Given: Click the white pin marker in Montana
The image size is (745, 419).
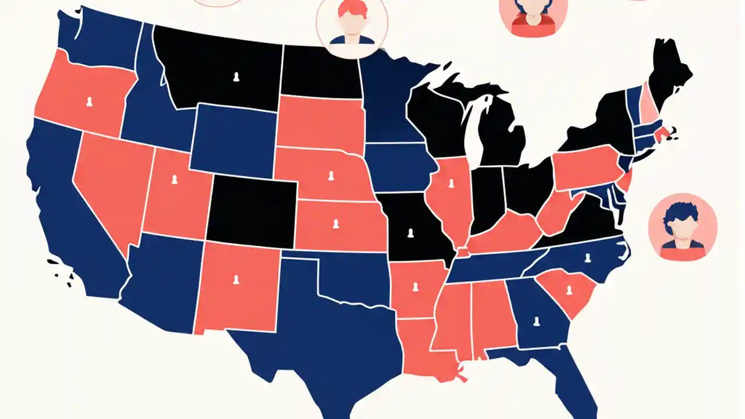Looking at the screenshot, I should point(236,77).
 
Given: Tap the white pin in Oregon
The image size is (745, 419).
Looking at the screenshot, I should point(89,102).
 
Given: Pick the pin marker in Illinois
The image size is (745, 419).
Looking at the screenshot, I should point(450,184).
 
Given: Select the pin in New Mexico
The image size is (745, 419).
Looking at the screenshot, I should point(236,280).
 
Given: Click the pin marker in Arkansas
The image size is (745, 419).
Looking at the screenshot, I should point(415,286).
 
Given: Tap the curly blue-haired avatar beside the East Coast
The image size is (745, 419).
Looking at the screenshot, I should point(682,227).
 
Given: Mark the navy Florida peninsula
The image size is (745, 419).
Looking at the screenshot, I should point(573,372).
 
